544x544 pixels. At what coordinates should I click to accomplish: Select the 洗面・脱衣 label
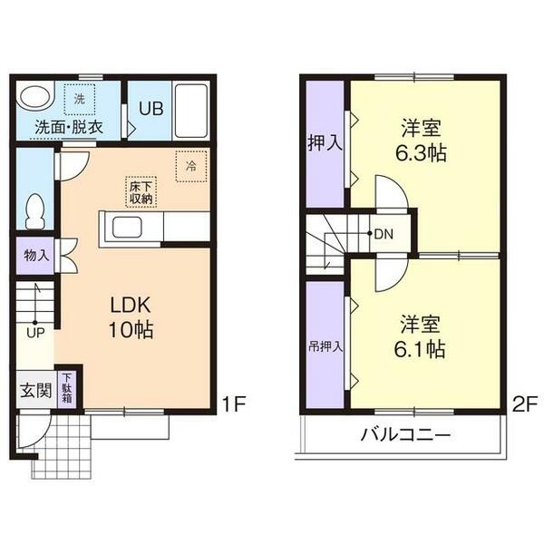coord(69,126)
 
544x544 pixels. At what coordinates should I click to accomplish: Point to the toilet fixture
coord(36,211)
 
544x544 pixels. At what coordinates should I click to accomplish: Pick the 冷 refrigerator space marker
coord(191,166)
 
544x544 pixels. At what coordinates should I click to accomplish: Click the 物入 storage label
coord(36,256)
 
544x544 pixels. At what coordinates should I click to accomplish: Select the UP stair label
coord(36,333)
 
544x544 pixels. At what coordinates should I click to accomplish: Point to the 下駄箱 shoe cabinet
coord(68,387)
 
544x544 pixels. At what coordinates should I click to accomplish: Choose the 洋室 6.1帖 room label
coord(422,336)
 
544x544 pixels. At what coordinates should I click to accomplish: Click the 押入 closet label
coord(324,142)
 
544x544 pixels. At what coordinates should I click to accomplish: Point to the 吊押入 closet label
coord(324,345)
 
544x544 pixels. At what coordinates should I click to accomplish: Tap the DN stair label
coord(384,234)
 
